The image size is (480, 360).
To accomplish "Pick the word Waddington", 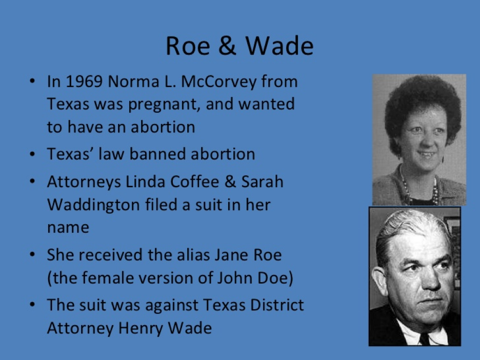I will tap(93, 205).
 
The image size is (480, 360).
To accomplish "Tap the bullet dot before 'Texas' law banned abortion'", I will tap(33, 154).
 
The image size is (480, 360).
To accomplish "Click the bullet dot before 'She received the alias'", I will tap(33, 255).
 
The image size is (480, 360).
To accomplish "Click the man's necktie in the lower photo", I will tap(424, 339).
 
